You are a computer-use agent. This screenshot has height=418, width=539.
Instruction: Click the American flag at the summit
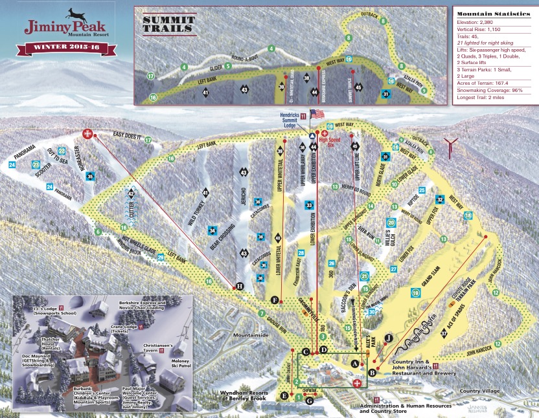317,114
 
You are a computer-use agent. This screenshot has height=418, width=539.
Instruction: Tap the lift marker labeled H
239,286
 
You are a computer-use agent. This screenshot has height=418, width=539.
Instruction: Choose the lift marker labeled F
275,300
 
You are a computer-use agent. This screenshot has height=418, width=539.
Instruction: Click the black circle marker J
389,338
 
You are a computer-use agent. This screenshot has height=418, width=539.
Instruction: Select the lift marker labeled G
309,401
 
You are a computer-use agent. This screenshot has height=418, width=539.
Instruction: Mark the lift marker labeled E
284,395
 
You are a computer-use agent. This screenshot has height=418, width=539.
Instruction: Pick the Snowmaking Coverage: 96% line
494,89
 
